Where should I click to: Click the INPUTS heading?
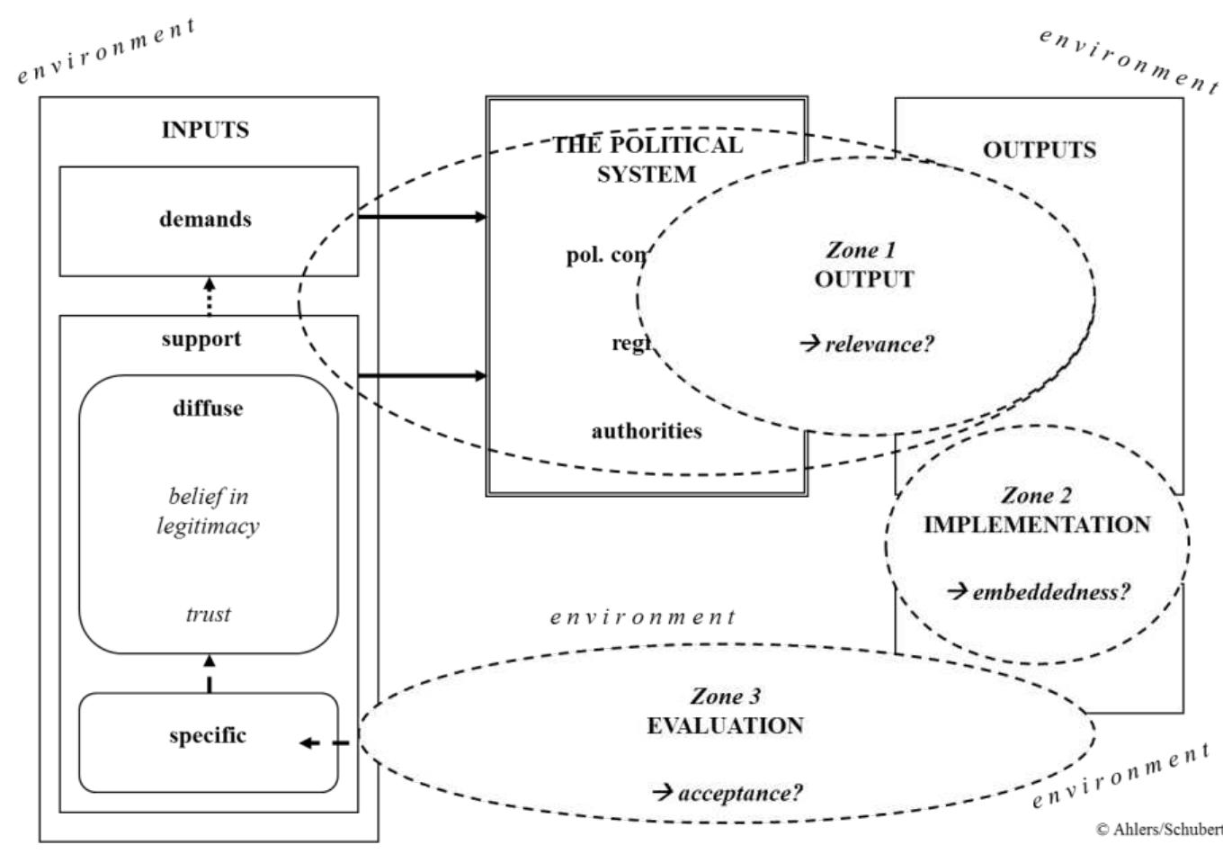coord(205,130)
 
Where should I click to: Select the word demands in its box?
coord(205,219)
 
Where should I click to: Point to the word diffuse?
coord(208,408)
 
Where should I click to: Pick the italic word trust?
coord(209,615)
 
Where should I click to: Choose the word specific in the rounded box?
coord(208,735)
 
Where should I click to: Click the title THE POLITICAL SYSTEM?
coord(647,158)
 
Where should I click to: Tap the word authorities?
coord(647,431)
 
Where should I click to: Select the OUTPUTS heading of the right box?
coord(1039,149)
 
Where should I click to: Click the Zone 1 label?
coord(863,252)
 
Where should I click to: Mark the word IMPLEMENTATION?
coord(1037,525)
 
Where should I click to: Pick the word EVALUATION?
coord(725,725)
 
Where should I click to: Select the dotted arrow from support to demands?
coord(209,295)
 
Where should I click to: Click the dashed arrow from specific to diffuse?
coord(209,673)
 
